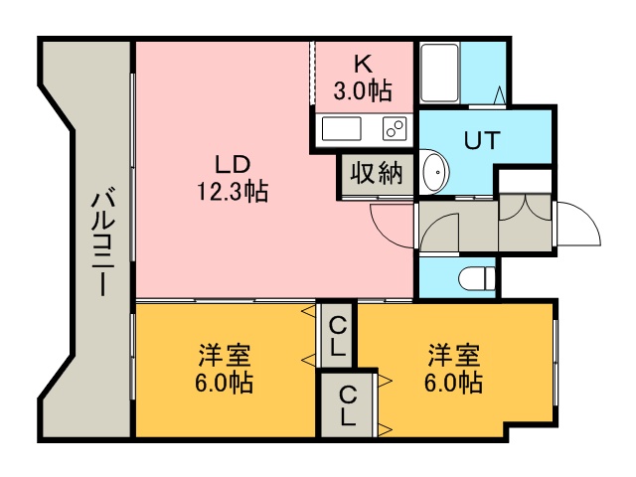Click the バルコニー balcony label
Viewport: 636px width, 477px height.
[100, 242]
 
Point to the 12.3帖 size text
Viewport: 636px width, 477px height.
[232, 191]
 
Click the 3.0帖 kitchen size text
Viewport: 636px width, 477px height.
[363, 91]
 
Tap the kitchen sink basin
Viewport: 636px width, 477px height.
[342, 129]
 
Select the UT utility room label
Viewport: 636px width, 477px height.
[484, 139]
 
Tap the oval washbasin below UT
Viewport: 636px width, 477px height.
[434, 173]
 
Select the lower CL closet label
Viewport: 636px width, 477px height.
[347, 403]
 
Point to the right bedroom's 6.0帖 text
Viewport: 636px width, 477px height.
[454, 383]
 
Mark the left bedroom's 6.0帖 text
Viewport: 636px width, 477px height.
[225, 383]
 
